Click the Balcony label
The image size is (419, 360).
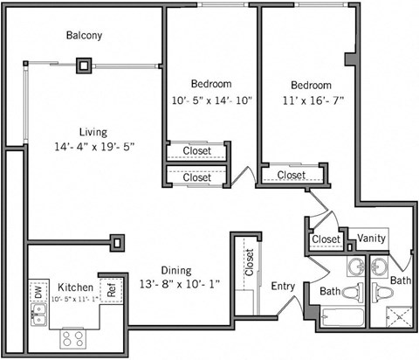85,36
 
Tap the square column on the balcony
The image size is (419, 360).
84,65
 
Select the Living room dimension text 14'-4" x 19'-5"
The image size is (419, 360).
94,147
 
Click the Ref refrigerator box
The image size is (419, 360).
111,290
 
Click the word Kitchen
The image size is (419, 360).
75,287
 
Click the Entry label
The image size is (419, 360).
283,287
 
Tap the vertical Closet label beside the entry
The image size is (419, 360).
250,263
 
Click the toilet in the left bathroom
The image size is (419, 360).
351,292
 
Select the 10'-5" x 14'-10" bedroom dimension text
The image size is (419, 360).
212,100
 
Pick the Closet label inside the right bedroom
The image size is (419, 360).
292,175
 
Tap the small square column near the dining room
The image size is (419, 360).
114,239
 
